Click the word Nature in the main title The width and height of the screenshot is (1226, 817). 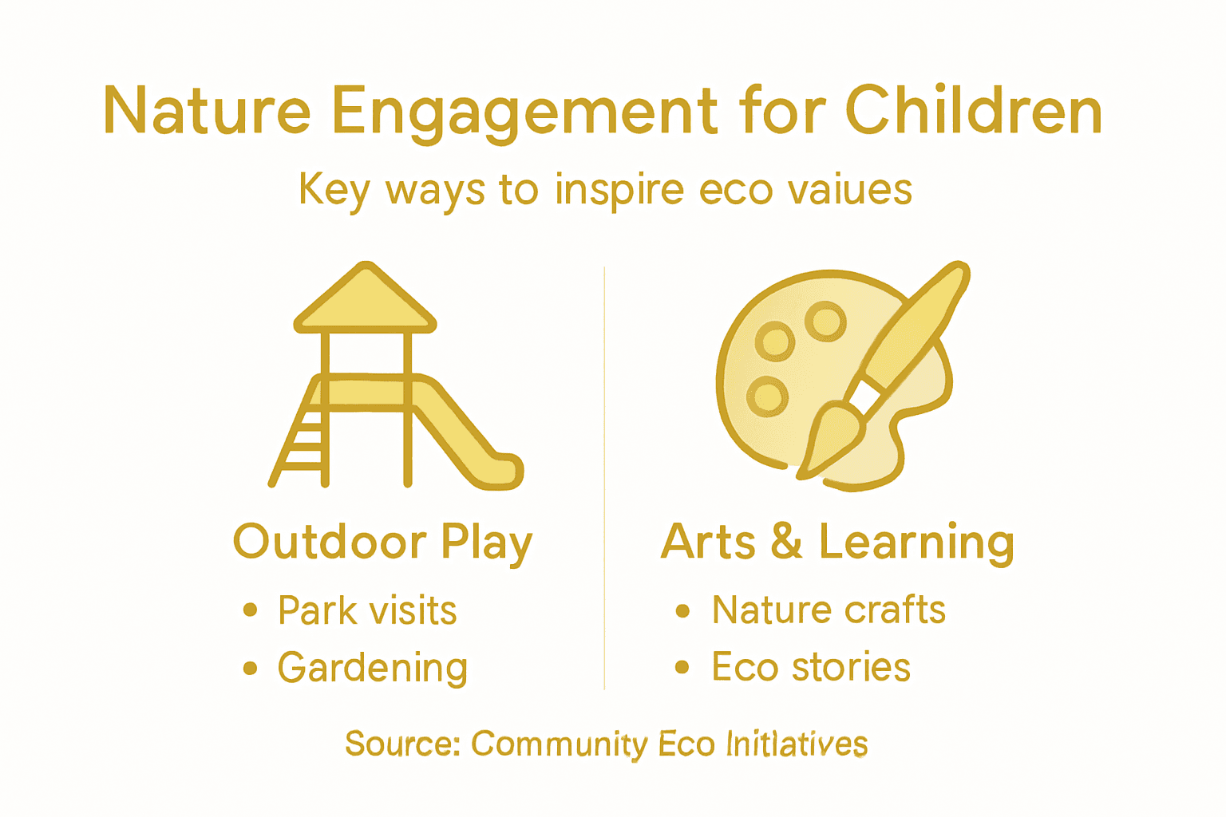click(207, 111)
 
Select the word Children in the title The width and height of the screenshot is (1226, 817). click(973, 111)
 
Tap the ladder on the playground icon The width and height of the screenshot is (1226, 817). click(303, 439)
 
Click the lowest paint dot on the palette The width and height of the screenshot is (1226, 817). click(768, 396)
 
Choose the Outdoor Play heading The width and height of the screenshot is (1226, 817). click(382, 543)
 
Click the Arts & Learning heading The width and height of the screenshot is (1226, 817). click(837, 543)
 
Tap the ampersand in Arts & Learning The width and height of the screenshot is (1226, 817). click(786, 542)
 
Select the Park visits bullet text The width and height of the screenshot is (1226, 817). click(367, 611)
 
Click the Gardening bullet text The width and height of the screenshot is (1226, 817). click(372, 668)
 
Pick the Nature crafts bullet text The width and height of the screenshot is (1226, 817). click(829, 610)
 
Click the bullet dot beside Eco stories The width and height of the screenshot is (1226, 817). click(682, 667)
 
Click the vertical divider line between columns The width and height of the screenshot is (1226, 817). click(604, 479)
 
